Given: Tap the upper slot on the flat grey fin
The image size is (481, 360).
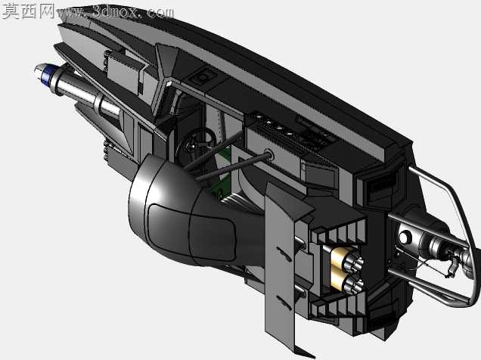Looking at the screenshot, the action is (284, 253).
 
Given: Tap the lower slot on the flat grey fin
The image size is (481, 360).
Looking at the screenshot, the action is (284, 303).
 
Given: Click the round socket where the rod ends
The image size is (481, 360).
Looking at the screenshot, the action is (268, 154).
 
